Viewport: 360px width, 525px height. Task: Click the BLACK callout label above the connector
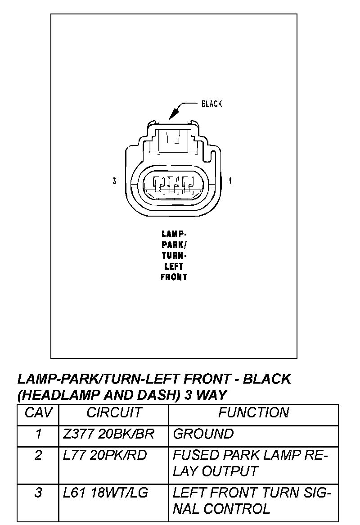click(211, 104)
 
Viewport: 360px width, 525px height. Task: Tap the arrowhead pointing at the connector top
click(172, 116)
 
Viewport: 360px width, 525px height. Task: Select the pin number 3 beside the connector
click(115, 181)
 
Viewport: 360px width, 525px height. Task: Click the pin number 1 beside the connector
click(230, 181)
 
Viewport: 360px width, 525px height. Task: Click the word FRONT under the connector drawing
click(174, 277)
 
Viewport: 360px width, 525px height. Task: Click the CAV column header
click(38, 412)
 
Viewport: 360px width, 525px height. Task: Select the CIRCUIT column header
click(114, 412)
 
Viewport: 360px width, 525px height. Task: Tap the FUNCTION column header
click(253, 412)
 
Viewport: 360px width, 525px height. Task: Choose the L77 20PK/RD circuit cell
click(105, 455)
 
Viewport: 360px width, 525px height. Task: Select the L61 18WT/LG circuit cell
click(106, 493)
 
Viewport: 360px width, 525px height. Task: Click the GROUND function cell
click(203, 434)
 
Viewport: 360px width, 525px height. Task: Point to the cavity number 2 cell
click(38, 455)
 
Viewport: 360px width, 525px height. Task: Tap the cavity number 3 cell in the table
click(38, 493)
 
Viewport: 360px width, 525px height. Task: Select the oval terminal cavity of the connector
click(174, 185)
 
